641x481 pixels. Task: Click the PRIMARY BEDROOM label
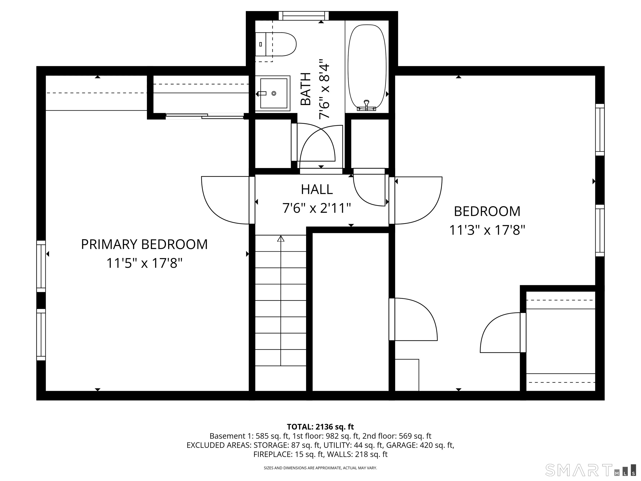(144, 244)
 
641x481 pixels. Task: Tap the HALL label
(317, 190)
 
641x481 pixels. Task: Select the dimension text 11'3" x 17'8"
(487, 230)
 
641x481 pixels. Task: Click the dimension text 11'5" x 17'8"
(144, 263)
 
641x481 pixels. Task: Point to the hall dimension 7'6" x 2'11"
(317, 208)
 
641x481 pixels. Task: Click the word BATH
(306, 89)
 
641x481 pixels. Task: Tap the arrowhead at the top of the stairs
(280, 239)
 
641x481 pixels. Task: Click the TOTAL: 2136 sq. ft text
(320, 427)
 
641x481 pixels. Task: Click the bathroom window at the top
(304, 16)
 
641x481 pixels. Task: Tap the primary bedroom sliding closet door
(204, 116)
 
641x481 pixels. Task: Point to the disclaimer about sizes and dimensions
(320, 468)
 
